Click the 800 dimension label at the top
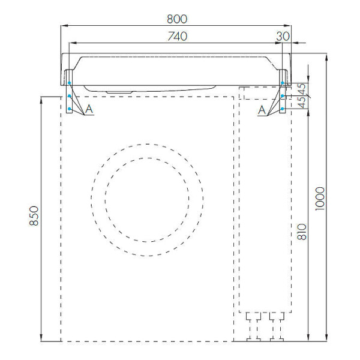point(177,19)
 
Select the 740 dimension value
point(177,36)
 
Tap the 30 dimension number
point(283,36)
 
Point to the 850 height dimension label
point(34,216)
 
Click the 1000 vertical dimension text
point(320,199)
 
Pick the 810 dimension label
point(302,232)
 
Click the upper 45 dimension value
point(302,89)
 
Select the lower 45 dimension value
point(302,102)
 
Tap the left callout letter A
point(89,109)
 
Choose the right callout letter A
point(262,110)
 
